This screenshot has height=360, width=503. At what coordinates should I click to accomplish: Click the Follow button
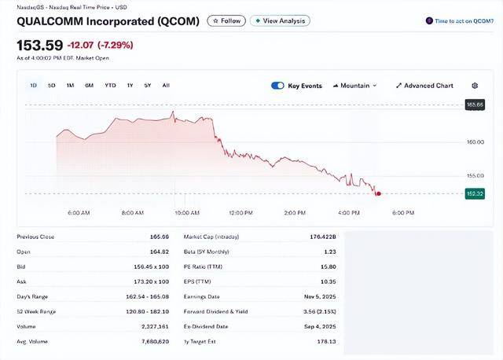click(x=226, y=21)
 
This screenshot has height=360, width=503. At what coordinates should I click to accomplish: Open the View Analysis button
click(x=280, y=21)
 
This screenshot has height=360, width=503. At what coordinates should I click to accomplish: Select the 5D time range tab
click(x=51, y=85)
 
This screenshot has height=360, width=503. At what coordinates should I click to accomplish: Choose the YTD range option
click(x=110, y=85)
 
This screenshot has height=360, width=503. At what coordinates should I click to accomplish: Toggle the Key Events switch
click(x=277, y=86)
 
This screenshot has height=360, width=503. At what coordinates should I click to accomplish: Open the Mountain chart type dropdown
click(x=354, y=86)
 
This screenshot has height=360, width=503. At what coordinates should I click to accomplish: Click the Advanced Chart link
click(x=424, y=86)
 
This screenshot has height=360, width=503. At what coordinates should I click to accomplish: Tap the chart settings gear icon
click(x=475, y=86)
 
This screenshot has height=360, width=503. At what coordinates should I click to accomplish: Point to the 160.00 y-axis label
click(x=475, y=142)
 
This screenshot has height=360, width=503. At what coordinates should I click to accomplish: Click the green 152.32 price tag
click(x=475, y=193)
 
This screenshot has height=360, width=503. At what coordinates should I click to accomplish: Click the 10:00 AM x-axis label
click(x=186, y=213)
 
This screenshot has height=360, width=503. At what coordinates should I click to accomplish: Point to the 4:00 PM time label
click(x=348, y=213)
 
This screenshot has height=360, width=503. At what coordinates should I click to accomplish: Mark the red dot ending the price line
click(x=379, y=193)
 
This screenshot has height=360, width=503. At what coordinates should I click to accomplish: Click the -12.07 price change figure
click(x=82, y=45)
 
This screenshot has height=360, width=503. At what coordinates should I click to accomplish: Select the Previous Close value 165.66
click(x=160, y=237)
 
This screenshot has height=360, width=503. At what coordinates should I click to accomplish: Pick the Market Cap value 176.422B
click(x=323, y=237)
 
